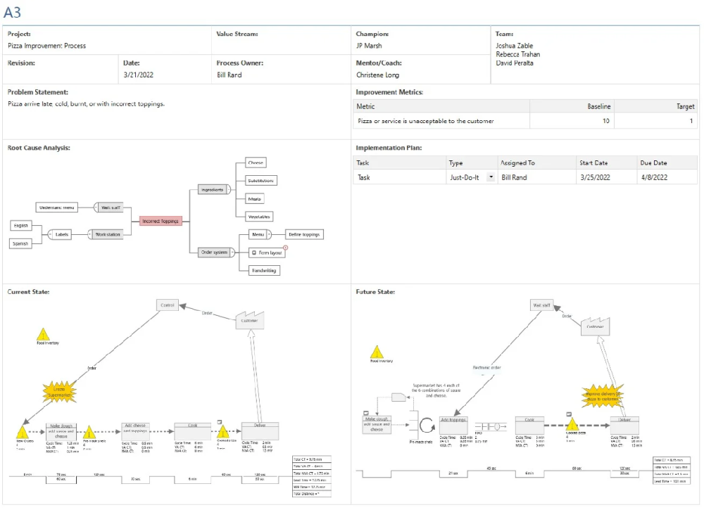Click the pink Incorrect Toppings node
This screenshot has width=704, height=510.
coord(161,221)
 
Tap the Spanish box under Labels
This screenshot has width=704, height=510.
coord(20,243)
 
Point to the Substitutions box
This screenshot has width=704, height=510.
coord(261,180)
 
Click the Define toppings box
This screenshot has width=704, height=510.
coord(305,234)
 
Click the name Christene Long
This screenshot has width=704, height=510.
coord(377,75)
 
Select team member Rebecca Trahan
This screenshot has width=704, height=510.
coord(517,54)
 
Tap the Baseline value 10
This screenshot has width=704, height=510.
coord(606,121)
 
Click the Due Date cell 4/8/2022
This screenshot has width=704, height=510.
coord(654,178)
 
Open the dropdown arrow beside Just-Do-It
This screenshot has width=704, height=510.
coord(490,178)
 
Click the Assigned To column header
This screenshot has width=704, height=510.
coord(517,163)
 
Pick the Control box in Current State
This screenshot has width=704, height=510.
coord(168,306)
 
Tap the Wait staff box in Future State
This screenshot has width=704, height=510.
coord(541,305)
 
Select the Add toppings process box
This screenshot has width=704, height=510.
coord(453,424)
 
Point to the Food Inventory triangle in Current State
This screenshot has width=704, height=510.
coord(44,334)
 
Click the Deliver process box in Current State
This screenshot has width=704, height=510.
coord(260,430)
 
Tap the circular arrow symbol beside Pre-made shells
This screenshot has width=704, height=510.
coord(427,425)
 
